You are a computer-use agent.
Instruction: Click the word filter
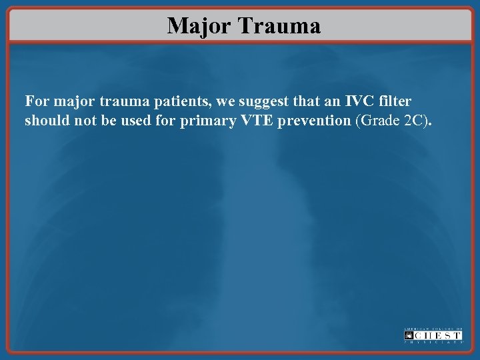[395, 102]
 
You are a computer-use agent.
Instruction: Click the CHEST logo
[433, 335]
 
